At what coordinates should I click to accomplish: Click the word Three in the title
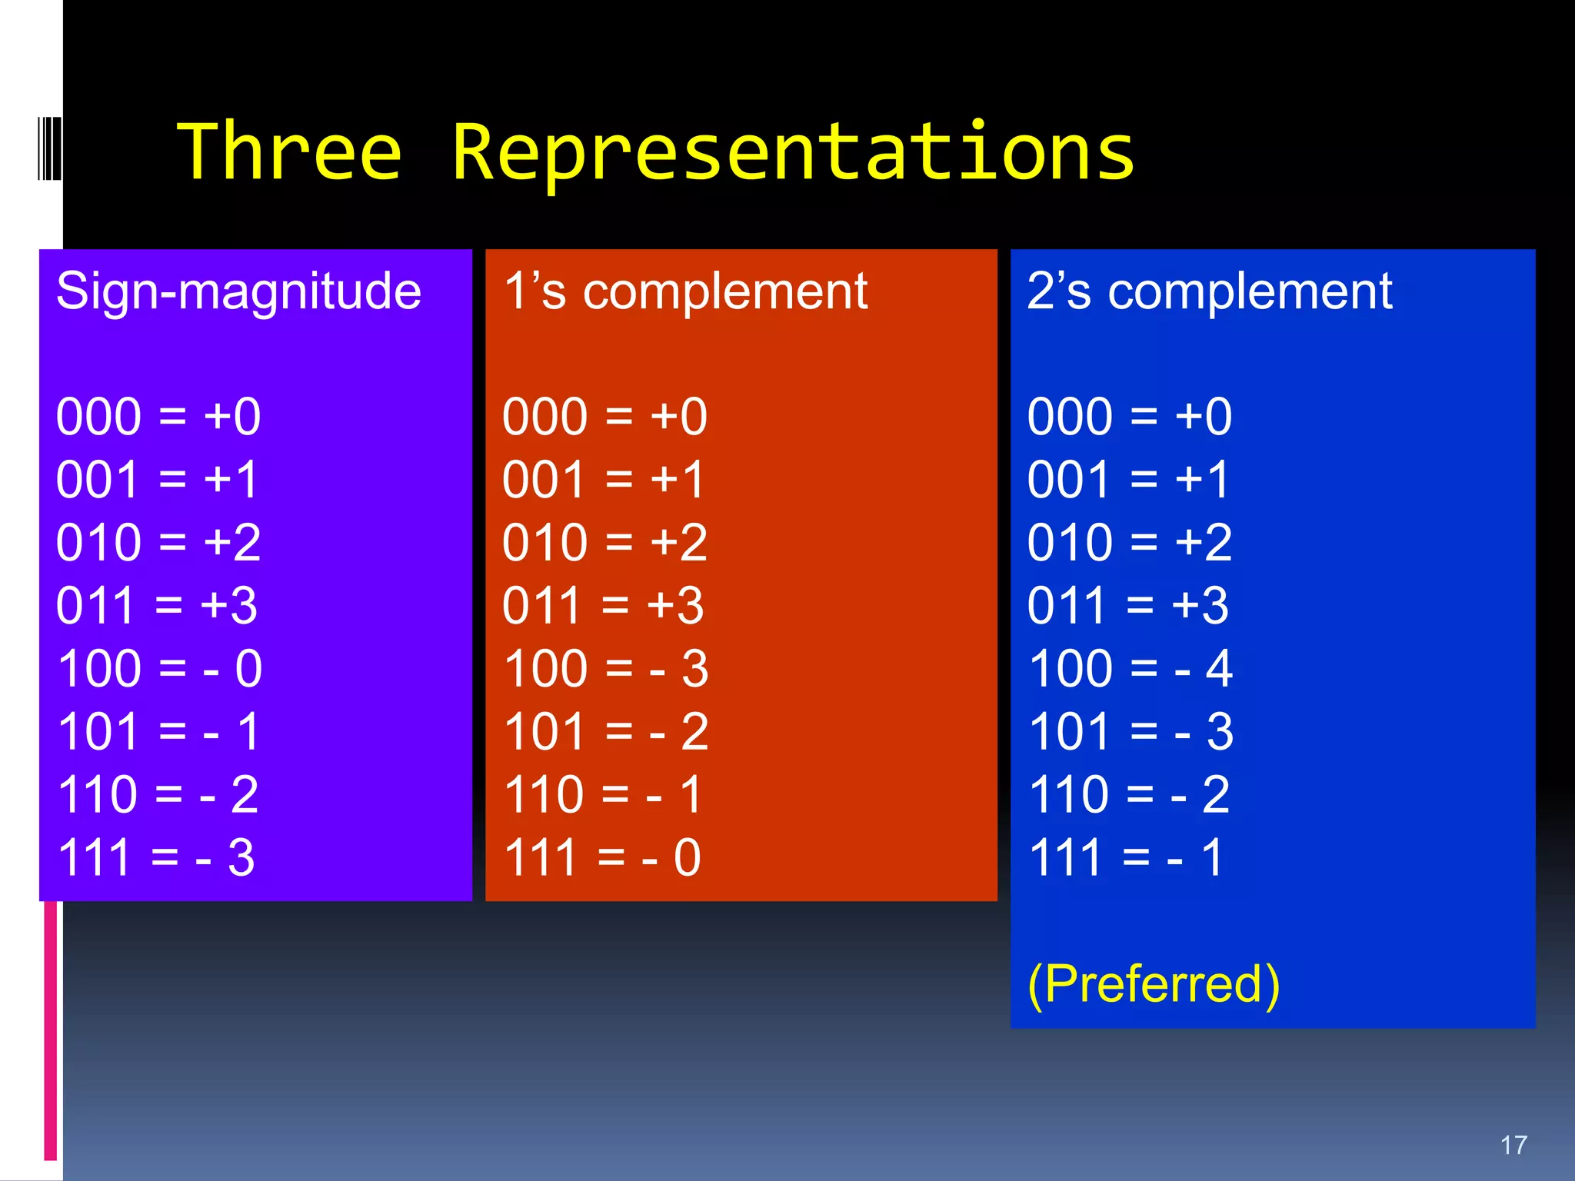[289, 152]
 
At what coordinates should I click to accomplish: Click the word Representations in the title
[792, 152]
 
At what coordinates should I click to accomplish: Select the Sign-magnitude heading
[238, 292]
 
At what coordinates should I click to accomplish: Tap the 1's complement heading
[685, 292]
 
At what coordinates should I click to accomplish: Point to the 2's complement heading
[1209, 292]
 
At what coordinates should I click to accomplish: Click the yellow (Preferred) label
[1154, 984]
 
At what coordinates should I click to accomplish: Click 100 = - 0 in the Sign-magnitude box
[159, 668]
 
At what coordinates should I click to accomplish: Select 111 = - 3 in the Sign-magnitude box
[155, 857]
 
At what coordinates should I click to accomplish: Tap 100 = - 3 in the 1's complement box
[605, 668]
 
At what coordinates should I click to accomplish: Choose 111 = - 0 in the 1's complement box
[602, 857]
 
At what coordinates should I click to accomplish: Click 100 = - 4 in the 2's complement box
[1130, 668]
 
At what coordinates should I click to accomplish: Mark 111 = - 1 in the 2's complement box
[1126, 857]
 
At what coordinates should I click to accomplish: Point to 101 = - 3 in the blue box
[1130, 731]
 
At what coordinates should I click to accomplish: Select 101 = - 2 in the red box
[605, 731]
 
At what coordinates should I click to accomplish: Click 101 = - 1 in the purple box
[158, 731]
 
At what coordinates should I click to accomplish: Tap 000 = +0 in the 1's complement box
[604, 417]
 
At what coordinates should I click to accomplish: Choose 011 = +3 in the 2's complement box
[1128, 605]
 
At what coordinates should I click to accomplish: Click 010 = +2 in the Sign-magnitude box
[158, 542]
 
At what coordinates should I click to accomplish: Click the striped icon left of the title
[49, 148]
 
